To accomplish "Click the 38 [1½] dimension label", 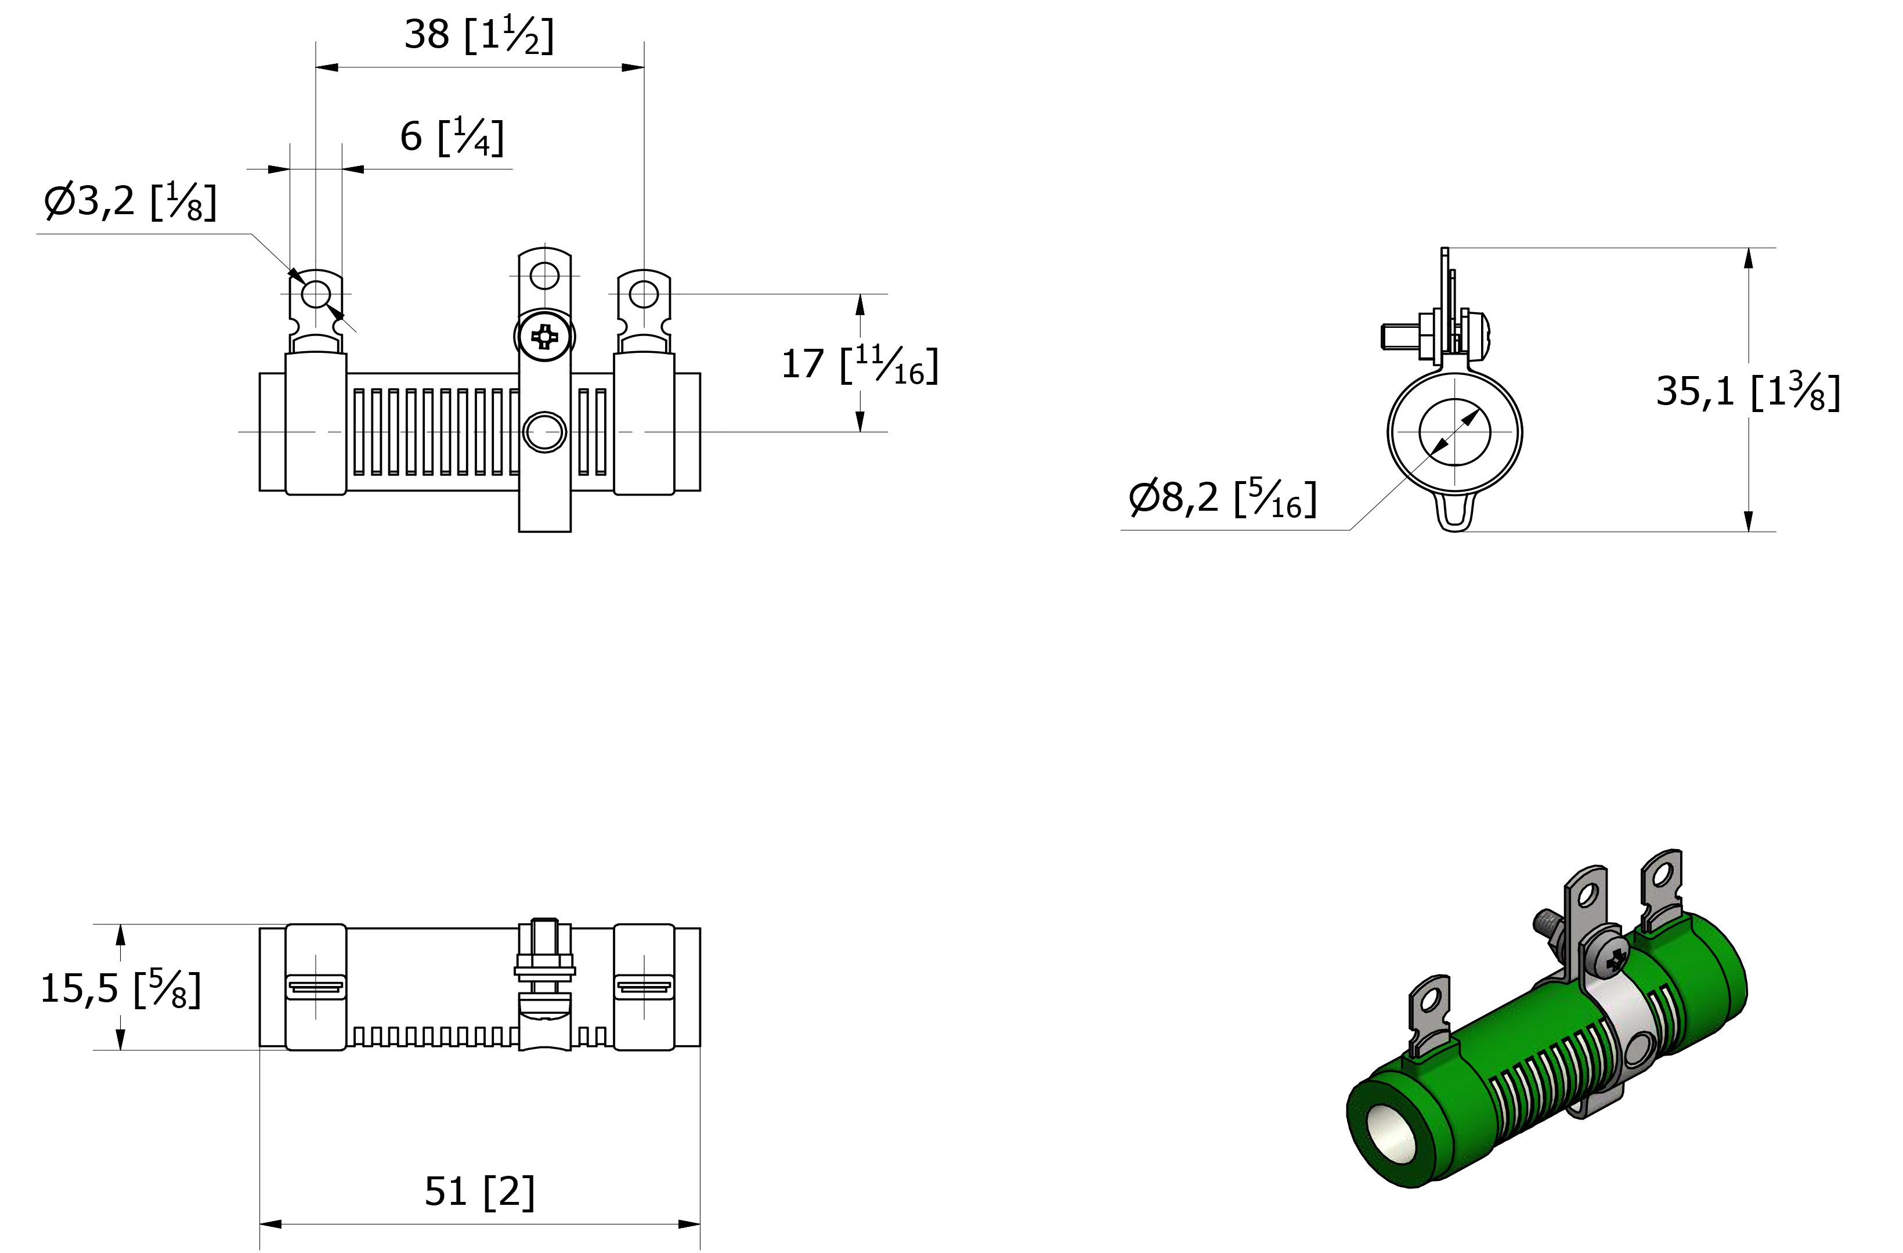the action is [478, 35].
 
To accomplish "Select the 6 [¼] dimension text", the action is [452, 137].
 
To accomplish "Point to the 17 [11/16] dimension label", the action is [860, 364].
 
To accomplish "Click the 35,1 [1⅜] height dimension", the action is [1748, 392].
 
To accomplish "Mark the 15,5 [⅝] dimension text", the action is [121, 988].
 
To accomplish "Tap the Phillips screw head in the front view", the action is [544, 337].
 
